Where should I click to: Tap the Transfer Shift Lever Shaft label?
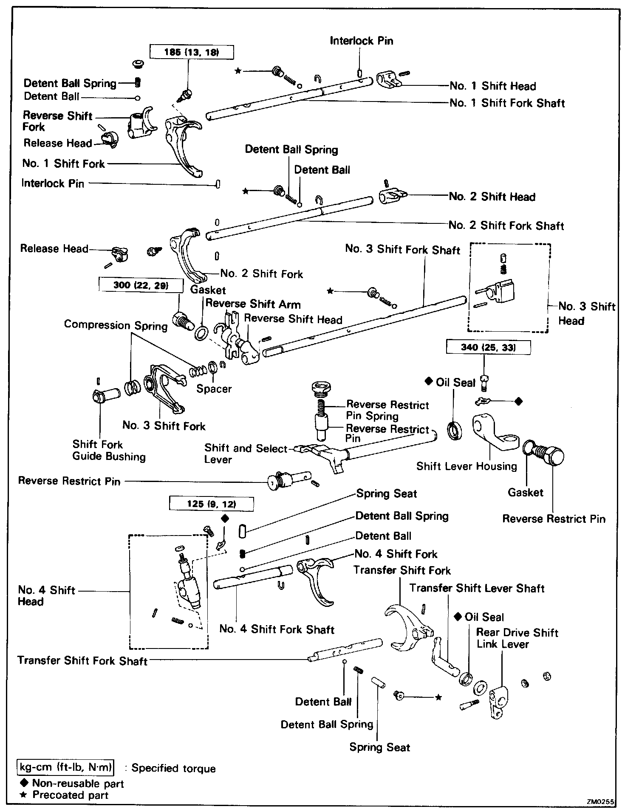pos(477,588)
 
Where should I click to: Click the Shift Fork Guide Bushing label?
pos(109,451)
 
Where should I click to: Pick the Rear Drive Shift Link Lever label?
pos(517,638)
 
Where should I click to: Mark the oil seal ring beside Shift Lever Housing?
pos(454,431)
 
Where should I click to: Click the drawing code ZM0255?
pos(601,802)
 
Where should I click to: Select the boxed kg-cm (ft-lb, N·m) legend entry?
pos(66,767)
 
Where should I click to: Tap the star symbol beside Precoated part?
pos(24,795)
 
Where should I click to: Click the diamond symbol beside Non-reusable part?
pos(24,783)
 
